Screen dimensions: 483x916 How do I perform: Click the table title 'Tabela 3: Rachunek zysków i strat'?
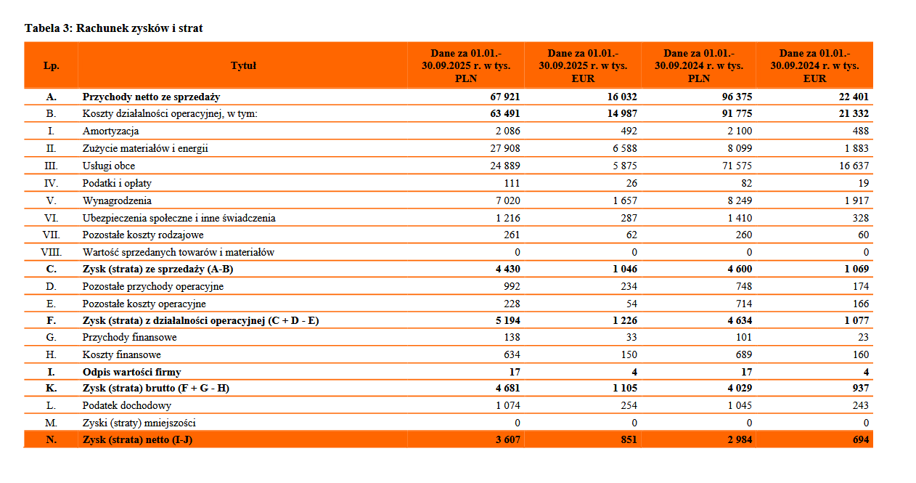coord(114,28)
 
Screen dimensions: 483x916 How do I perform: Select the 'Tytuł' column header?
coord(243,65)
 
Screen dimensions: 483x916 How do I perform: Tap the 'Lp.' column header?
coord(51,65)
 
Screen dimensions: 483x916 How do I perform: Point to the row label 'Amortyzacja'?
coord(110,131)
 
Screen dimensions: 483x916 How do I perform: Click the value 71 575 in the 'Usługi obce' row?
coord(735,166)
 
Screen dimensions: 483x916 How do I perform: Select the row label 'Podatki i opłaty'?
coord(117,184)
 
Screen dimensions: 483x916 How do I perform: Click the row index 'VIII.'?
coord(51,253)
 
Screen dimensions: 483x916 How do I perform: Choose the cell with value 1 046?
coord(622,269)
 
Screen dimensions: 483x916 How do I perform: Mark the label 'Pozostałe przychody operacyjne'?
coord(152,287)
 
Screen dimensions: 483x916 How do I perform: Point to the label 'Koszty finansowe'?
coord(121,355)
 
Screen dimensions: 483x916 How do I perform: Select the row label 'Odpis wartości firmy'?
coord(131,373)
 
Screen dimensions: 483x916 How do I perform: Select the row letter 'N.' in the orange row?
coord(51,439)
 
